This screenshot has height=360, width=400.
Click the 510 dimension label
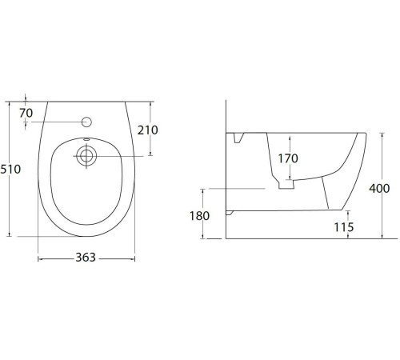[10, 170]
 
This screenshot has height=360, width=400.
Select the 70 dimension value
[26, 113]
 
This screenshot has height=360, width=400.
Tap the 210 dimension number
[148, 130]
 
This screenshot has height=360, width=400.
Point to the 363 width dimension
[86, 258]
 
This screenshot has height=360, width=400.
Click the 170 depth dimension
[288, 158]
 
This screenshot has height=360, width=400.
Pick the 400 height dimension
[379, 189]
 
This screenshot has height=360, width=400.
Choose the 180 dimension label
[199, 216]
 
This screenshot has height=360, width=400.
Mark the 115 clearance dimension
[344, 227]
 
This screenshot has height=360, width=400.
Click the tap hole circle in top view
[86, 122]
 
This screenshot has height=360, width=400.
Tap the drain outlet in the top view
[86, 156]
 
